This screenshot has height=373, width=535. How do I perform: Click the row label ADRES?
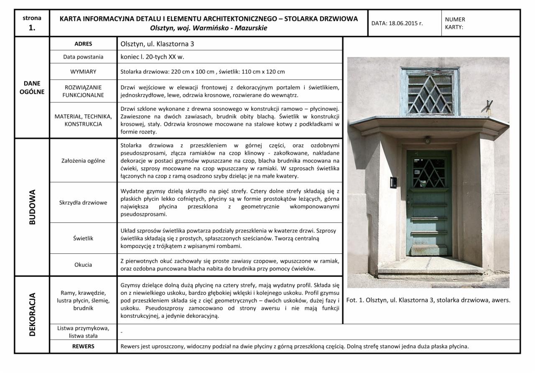coord(83,44)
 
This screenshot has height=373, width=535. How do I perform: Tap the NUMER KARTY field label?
coord(455,23)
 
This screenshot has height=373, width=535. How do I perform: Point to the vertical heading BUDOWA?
coord(32,207)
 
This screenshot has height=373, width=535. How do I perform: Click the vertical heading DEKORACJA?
coord(32,314)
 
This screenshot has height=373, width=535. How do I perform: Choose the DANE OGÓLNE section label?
coord(32,87)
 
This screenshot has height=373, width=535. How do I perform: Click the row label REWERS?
coord(83,346)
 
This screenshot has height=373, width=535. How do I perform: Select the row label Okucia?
coord(83,264)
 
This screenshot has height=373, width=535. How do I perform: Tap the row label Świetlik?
coord(83,238)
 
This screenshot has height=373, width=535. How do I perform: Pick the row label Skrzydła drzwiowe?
coord(83,202)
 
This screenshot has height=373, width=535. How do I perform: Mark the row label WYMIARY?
coord(83,72)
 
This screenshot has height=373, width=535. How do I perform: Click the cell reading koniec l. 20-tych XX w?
coord(152,57)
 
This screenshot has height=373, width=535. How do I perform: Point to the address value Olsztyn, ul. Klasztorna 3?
coord(157,44)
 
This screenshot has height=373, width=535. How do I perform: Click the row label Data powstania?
coord(83,57)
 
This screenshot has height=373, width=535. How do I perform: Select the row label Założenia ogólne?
coord(83,160)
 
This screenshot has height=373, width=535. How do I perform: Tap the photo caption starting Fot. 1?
coord(428,300)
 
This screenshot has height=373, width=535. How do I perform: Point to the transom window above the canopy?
coord(430,92)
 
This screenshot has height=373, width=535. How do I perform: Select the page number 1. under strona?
coord(32,28)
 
